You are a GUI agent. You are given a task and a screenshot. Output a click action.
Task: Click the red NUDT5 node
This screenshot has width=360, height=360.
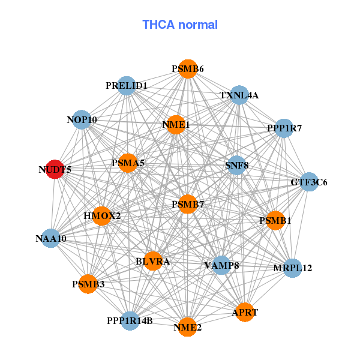(55, 169)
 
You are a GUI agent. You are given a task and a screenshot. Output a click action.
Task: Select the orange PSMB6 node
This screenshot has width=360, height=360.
(188, 69)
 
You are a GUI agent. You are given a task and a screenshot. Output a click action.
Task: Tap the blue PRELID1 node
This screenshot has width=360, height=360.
(126, 86)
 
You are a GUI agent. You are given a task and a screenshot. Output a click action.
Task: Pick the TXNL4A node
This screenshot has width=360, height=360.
(239, 95)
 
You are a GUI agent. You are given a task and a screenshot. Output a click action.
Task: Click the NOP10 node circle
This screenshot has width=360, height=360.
(82, 120)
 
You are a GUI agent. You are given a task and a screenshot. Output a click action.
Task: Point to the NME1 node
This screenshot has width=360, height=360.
(176, 125)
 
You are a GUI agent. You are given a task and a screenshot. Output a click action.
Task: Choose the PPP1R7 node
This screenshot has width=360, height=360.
(284, 128)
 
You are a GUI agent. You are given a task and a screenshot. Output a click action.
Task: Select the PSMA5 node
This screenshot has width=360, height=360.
(128, 163)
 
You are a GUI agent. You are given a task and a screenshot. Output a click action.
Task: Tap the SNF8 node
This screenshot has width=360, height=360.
(236, 165)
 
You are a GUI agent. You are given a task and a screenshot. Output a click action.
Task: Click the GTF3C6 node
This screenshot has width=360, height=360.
(309, 182)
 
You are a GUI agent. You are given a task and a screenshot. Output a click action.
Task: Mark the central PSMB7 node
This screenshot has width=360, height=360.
(188, 205)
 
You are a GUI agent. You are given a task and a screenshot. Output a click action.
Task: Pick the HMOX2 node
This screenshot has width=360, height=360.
(102, 215)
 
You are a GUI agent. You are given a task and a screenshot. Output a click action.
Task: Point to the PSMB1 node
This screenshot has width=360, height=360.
(275, 221)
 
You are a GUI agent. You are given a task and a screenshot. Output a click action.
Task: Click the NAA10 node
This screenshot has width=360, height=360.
(51, 238)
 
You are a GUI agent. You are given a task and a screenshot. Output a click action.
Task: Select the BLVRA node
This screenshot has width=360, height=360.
(153, 261)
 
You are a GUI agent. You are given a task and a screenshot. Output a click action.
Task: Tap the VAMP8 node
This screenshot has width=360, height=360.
(221, 265)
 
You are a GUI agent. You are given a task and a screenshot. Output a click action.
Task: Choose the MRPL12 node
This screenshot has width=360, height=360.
(292, 268)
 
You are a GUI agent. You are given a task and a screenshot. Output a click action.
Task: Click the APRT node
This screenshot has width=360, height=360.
(245, 312)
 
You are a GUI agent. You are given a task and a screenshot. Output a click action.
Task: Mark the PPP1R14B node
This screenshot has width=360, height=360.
(130, 320)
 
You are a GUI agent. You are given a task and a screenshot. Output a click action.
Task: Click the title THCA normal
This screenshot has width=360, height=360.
(180, 25)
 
